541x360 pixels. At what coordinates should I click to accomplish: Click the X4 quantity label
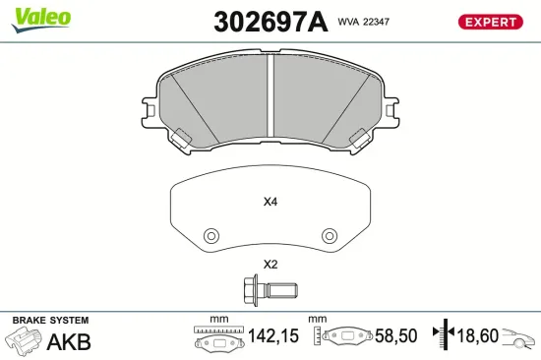click(x=270, y=204)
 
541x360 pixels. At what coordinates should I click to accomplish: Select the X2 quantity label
click(x=270, y=264)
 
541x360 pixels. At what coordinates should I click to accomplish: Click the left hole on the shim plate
click(x=210, y=236)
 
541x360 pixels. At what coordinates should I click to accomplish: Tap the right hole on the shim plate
click(x=330, y=236)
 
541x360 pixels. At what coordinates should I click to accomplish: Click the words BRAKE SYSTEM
click(x=50, y=321)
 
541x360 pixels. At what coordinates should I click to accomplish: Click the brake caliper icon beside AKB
click(x=25, y=342)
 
